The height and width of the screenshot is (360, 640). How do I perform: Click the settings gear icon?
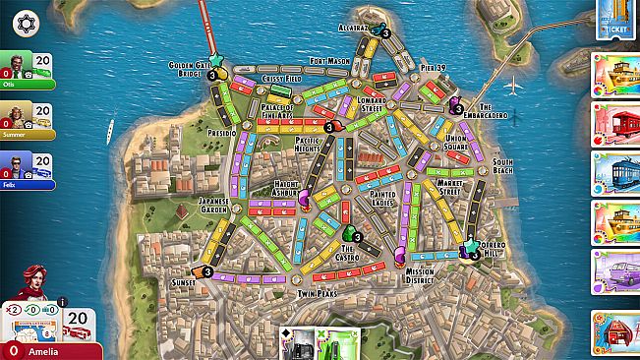27,22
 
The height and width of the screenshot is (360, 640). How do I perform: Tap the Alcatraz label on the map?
353,28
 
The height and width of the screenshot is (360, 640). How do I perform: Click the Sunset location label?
182,281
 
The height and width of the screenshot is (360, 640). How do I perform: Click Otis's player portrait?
13,65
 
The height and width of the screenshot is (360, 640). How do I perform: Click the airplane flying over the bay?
512,86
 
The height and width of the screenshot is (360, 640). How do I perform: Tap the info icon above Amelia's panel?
62,301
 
